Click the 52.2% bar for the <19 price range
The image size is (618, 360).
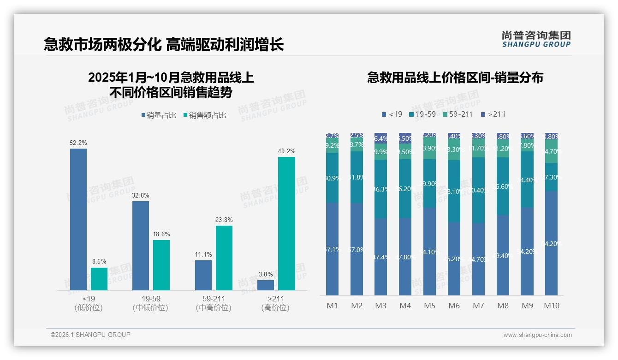tap(78, 219)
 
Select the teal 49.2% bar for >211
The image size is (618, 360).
tap(286, 223)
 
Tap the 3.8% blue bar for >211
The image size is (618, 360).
tap(266, 285)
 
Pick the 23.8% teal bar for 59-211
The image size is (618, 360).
tap(224, 258)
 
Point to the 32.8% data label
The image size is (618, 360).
tap(141, 196)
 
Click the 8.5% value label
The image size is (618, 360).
tap(99, 262)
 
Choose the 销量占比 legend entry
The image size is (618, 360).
tap(158, 115)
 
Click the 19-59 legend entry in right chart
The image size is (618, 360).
tap(422, 114)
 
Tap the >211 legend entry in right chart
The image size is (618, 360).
tap(493, 114)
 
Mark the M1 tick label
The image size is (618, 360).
tap(332, 306)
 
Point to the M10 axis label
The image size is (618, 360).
tap(552, 306)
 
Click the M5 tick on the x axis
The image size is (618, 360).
tap(429, 306)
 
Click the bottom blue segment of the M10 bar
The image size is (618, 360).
tap(552, 243)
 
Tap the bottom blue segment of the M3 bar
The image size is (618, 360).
tap(381, 257)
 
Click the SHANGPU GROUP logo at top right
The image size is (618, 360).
tap(536, 39)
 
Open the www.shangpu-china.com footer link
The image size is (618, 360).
tap(537, 335)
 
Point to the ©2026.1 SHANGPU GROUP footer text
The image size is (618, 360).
tap(90, 335)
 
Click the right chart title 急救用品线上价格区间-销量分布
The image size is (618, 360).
tap(455, 78)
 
